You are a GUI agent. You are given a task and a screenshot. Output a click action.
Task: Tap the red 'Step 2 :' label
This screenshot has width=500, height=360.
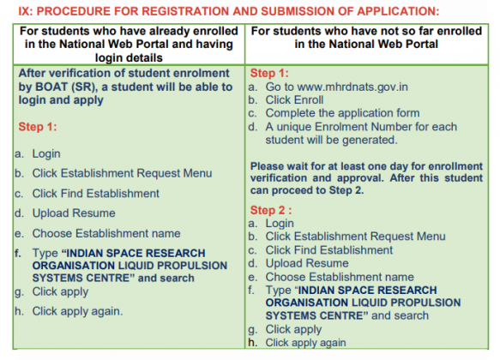tap(272, 210)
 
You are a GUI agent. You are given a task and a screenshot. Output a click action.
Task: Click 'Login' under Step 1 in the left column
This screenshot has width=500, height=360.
tap(46, 153)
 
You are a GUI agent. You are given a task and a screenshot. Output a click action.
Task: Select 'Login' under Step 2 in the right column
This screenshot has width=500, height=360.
tap(280, 223)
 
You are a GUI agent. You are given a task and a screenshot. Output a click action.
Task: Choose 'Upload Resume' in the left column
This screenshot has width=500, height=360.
tap(74, 213)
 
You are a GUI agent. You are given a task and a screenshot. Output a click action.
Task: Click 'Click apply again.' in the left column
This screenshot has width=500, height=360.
tap(78, 311)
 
